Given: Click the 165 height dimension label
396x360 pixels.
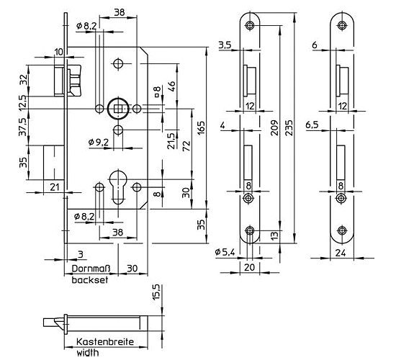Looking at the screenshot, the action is pyautogui.click(x=201, y=128).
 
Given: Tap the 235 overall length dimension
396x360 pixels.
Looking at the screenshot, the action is pyautogui.click(x=289, y=128).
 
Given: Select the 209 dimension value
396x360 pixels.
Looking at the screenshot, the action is pyautogui.click(x=275, y=128).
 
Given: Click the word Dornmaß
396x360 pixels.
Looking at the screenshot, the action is pyautogui.click(x=91, y=269).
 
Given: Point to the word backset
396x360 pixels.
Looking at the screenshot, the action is pyautogui.click(x=90, y=279).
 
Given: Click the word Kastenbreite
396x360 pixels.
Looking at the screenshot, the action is pyautogui.click(x=105, y=342).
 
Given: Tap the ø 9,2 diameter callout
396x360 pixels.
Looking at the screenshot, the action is pyautogui.click(x=99, y=143).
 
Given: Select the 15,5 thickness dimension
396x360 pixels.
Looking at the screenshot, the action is pyautogui.click(x=156, y=292).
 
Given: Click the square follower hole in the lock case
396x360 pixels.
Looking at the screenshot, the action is pyautogui.click(x=118, y=109).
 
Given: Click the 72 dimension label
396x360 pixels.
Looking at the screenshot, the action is pyautogui.click(x=186, y=145).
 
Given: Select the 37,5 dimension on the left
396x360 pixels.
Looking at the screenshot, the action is pyautogui.click(x=23, y=127).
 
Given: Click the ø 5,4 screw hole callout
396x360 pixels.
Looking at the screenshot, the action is pyautogui.click(x=225, y=252).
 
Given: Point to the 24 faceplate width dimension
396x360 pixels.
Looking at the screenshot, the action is pyautogui.click(x=341, y=253).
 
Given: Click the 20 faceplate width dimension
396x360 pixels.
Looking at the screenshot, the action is pyautogui.click(x=250, y=267).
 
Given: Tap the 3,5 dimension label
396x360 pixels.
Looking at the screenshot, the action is pyautogui.click(x=225, y=45).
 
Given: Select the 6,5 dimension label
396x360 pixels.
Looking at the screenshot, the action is pyautogui.click(x=312, y=125).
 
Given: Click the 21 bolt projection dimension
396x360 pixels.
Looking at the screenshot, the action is pyautogui.click(x=55, y=187).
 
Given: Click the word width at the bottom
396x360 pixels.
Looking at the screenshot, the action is pyautogui.click(x=88, y=352).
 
